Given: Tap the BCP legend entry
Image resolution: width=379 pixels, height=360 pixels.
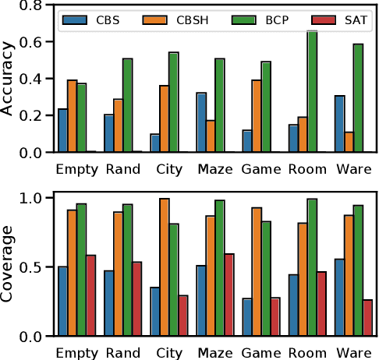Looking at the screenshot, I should (262, 18).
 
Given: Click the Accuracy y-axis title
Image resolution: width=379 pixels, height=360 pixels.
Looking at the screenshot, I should (9, 78).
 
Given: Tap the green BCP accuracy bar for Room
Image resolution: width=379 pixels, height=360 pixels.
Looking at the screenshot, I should (312, 92).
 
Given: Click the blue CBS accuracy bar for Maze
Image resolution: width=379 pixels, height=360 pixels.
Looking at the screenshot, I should (200, 122).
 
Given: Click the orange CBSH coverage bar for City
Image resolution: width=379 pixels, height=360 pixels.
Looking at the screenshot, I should (164, 267).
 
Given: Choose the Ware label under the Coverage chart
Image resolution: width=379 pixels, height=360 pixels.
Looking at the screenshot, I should (352, 351).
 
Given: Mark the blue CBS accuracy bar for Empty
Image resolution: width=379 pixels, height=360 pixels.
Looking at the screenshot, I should (62, 131).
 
